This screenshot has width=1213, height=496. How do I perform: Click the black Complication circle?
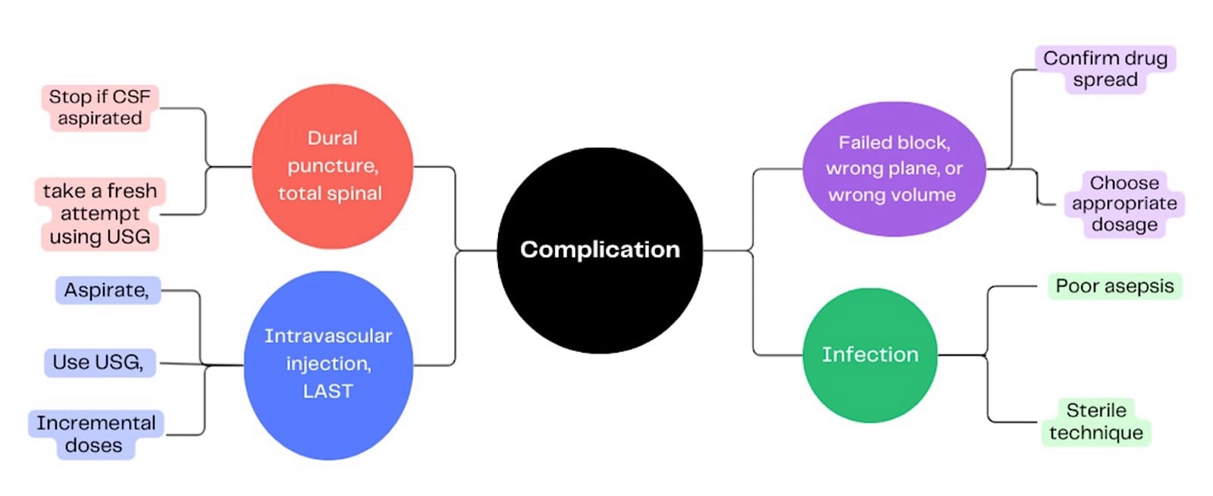pos(599,250)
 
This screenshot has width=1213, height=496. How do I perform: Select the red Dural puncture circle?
pos(332,166)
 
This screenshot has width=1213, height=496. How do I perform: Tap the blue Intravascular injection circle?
pos(328,364)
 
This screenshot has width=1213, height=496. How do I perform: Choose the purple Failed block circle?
pos(893,168)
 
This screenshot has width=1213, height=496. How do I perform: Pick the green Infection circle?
pos(870,354)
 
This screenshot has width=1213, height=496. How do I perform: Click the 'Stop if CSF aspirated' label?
pos(99,108)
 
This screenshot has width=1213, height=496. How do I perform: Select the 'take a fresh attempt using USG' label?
pos(100,213)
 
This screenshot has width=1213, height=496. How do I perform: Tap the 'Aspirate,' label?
pos(107,290)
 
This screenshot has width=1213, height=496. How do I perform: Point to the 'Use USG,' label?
pos(99,363)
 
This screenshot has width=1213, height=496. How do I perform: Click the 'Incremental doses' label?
pos(96,434)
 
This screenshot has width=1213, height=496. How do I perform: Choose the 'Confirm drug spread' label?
pos(1105,69)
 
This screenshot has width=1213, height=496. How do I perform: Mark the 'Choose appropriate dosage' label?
pos(1124,203)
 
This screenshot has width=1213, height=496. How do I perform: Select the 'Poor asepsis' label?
pos(1114,286)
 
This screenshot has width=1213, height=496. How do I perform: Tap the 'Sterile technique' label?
pos(1096,422)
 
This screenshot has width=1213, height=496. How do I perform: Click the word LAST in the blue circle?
pos(328,391)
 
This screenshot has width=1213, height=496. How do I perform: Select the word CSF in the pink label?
pos(132,97)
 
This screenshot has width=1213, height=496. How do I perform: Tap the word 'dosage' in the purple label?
pos(1124,224)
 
